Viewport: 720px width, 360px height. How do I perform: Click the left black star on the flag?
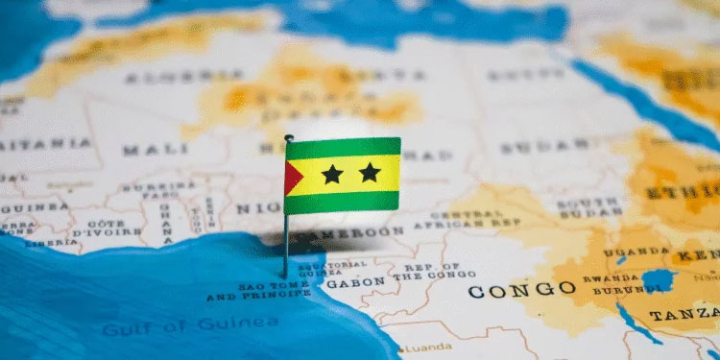[332, 174]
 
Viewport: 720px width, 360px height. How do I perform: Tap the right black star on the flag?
[370, 173]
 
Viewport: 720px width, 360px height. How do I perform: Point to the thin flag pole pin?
[286, 245]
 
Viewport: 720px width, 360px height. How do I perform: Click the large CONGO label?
[521, 289]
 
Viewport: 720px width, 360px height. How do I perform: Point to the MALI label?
[142, 150]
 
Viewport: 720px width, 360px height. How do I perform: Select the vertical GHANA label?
[165, 222]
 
